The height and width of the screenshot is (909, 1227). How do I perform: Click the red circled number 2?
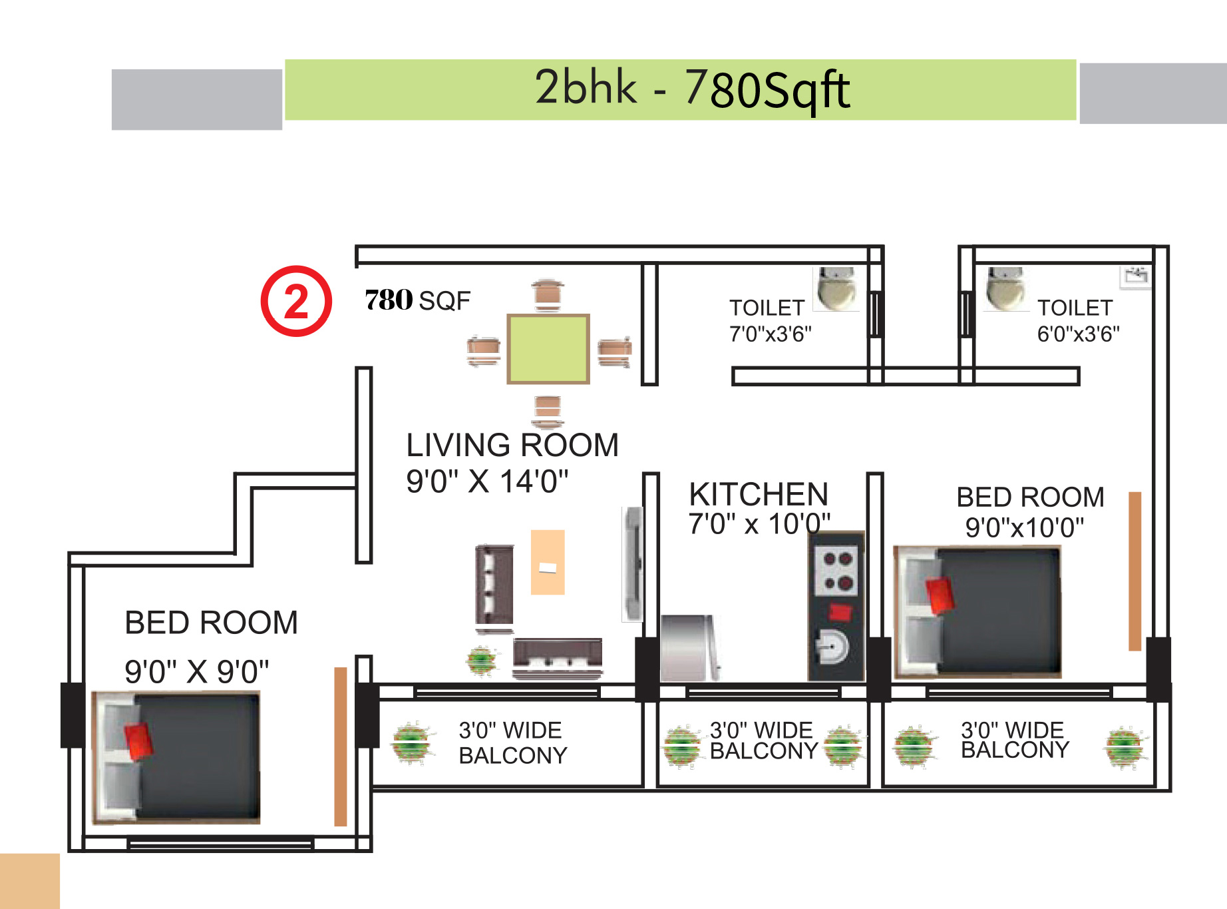click(296, 301)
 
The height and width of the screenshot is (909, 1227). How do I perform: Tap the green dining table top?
click(548, 349)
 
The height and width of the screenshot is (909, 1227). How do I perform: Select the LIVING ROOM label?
click(512, 445)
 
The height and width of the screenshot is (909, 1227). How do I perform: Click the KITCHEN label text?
click(759, 494)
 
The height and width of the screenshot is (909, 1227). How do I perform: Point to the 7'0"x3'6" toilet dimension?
click(771, 334)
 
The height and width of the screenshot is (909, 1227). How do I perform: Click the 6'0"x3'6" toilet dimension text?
click(1078, 334)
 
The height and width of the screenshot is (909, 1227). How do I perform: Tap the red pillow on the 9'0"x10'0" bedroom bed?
click(940, 595)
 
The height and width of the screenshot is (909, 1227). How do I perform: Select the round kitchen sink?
click(832, 646)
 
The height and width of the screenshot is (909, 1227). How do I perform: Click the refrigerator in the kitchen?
click(689, 648)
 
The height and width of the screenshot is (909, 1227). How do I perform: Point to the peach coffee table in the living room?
click(548, 562)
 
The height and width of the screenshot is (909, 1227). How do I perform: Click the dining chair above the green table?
click(548, 295)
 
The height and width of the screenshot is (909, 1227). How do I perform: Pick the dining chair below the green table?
click(548, 411)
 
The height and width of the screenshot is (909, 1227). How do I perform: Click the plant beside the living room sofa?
click(481, 661)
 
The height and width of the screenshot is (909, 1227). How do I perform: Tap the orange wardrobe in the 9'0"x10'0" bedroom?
click(1135, 571)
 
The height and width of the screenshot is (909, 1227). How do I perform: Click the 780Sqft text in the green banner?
click(767, 90)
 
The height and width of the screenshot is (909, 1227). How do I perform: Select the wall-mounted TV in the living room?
click(633, 563)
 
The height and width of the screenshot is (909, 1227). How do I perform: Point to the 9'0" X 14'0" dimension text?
click(487, 481)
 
